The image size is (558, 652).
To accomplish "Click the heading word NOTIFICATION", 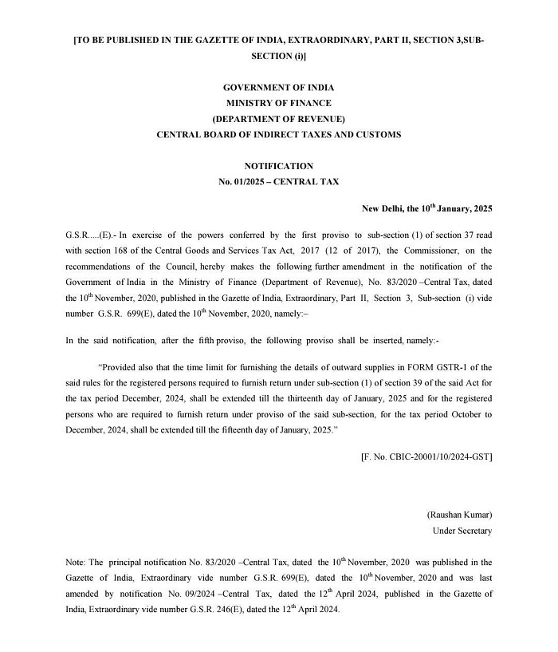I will click(278, 166).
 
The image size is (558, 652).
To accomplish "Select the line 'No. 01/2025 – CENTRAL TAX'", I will click(278, 181).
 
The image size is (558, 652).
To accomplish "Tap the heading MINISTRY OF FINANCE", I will click(278, 103).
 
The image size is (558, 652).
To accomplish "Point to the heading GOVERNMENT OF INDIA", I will click(278, 87).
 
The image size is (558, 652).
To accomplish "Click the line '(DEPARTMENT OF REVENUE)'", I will click(278, 119).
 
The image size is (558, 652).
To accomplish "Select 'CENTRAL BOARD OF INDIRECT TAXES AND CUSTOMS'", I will click(278, 135).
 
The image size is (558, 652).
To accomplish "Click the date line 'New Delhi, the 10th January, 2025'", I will click(427, 208).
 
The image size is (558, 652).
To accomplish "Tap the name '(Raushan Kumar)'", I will click(460, 515).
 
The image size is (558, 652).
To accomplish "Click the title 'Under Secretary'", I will click(462, 531).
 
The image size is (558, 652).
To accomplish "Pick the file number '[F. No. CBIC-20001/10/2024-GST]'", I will click(426, 456).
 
